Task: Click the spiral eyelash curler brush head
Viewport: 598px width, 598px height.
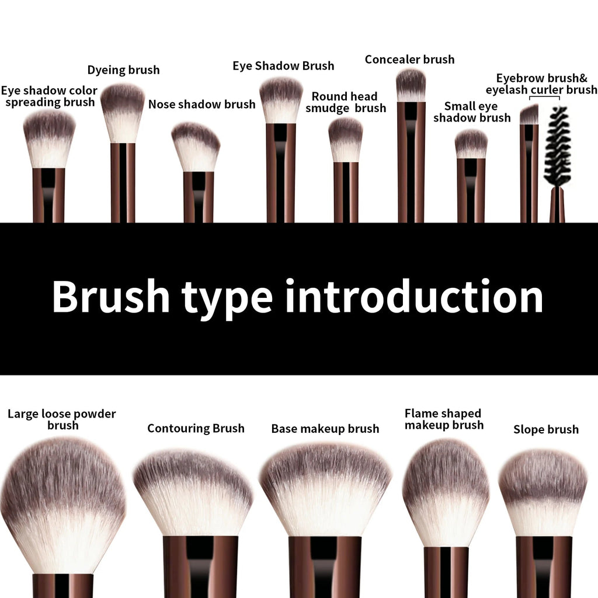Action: (557, 146)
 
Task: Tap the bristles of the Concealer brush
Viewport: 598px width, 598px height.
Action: (411, 85)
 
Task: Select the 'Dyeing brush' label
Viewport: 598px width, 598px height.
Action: (123, 70)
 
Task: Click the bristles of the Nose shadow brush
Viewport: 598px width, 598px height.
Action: (196, 147)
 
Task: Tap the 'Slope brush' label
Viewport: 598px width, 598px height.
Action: (545, 430)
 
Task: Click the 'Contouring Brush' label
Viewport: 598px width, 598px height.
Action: (196, 429)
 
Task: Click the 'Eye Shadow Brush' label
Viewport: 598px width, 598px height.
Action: (283, 66)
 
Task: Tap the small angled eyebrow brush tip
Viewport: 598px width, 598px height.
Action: (529, 114)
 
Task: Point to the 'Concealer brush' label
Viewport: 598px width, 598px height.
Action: (409, 60)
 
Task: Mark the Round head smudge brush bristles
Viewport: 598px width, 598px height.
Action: (345, 140)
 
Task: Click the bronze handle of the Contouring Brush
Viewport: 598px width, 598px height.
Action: (200, 566)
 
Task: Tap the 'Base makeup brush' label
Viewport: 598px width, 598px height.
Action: (325, 429)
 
